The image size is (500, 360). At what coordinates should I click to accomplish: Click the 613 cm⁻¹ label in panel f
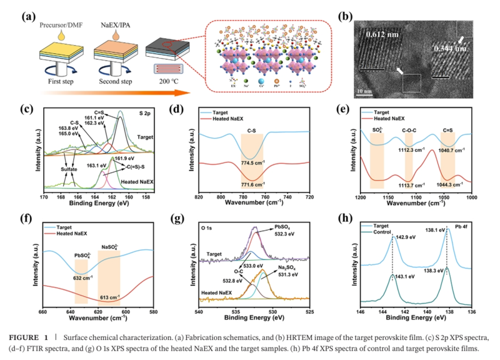coord(109,297)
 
